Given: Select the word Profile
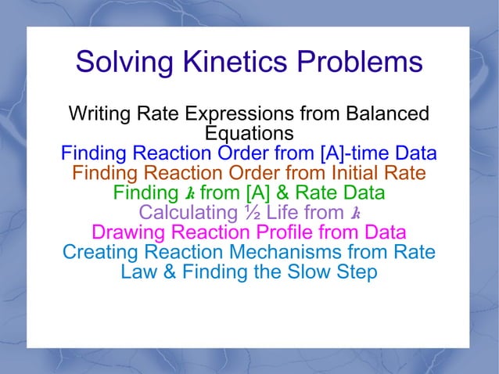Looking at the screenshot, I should click(297, 232).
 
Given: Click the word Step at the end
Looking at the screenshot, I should click(357, 272).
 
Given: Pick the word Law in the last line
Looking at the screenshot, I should click(138, 272).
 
